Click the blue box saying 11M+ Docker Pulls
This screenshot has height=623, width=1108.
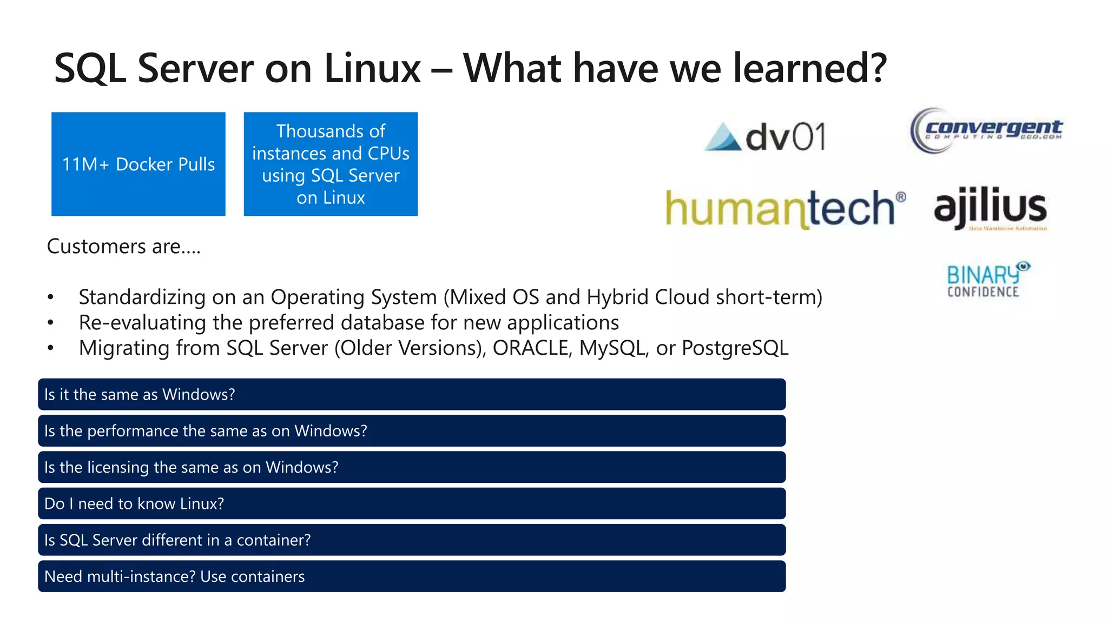click(138, 164)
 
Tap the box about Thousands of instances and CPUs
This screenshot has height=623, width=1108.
click(331, 164)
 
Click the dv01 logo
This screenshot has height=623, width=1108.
click(766, 136)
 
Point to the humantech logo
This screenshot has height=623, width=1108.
click(784, 208)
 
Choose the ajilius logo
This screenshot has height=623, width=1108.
click(990, 208)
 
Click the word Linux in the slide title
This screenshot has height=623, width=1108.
click(372, 69)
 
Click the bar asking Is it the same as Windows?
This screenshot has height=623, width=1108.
click(411, 394)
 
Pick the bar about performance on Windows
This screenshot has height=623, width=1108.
click(411, 430)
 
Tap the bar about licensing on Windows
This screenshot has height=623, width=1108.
click(411, 467)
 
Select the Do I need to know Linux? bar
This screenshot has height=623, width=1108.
click(411, 503)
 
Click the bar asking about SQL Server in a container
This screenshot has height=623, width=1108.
click(411, 540)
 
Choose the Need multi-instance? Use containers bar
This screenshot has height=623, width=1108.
click(411, 576)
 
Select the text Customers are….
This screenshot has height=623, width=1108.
click(123, 247)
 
